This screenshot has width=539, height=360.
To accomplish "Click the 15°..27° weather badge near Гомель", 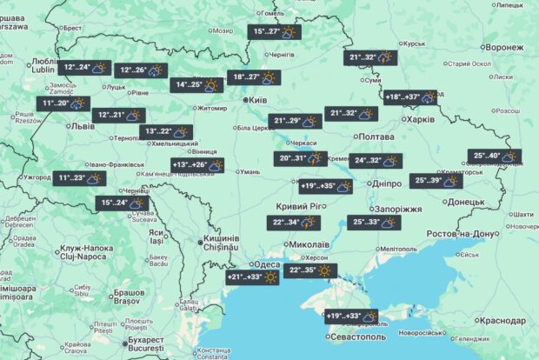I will tap(274, 32).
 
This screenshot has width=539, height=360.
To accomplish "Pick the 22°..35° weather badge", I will tap(310, 270).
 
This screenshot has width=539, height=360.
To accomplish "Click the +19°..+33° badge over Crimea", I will tap(351, 317).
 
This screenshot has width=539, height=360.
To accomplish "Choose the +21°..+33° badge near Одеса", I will tap(252, 277).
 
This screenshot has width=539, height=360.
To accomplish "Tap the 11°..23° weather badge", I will tap(78, 178).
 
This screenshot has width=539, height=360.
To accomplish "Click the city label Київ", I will tap(258, 101).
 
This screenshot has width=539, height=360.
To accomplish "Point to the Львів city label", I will tap(83, 126).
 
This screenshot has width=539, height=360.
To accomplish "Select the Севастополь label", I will tap(354, 337).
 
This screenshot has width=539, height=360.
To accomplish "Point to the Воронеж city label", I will tap(505, 47).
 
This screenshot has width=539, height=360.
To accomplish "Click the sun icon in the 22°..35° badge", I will tap(325, 270).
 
